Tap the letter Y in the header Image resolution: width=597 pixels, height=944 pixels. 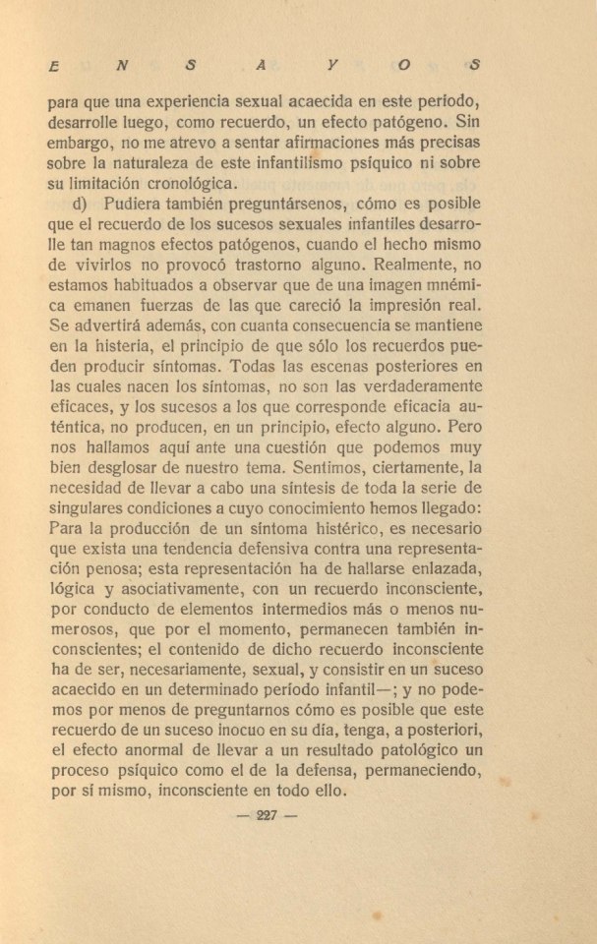(334, 66)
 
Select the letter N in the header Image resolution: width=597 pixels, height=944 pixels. (120, 66)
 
